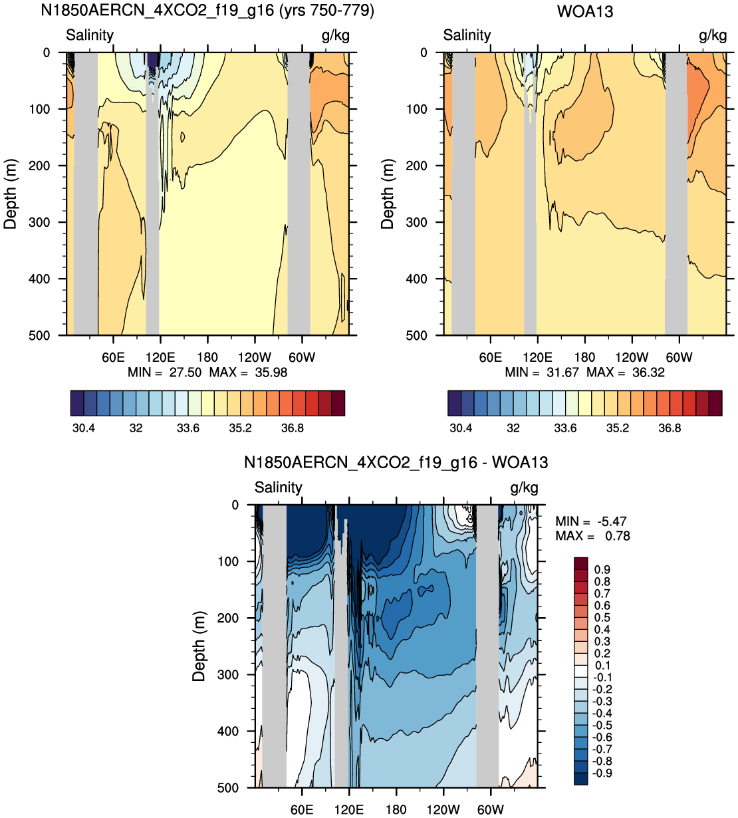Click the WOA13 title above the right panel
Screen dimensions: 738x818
pyautogui.click(x=584, y=11)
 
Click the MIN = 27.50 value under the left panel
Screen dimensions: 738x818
pyautogui.click(x=165, y=372)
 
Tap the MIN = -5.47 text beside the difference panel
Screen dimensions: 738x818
pyautogui.click(x=591, y=521)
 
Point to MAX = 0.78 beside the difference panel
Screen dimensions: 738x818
pyautogui.click(x=593, y=536)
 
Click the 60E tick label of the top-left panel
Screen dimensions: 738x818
pyautogui.click(x=113, y=358)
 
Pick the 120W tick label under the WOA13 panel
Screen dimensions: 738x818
pyautogui.click(x=632, y=358)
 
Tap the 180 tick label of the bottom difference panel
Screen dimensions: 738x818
pyautogui.click(x=396, y=809)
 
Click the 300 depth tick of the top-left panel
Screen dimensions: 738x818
pyautogui.click(x=40, y=222)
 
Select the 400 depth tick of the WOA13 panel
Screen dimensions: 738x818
pyautogui.click(x=417, y=279)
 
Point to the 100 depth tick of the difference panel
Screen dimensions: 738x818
pyautogui.click(x=229, y=561)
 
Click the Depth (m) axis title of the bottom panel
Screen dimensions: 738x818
pyautogui.click(x=199, y=646)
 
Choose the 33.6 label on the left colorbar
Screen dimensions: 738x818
pyautogui.click(x=188, y=428)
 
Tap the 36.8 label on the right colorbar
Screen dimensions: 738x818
pyautogui.click(x=670, y=428)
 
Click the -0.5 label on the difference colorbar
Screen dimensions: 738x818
pyautogui.click(x=602, y=725)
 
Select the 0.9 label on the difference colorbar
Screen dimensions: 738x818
pyautogui.click(x=602, y=569)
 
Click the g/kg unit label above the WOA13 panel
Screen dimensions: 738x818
pyautogui.click(x=713, y=36)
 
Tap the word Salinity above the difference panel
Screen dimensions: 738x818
pyautogui.click(x=279, y=487)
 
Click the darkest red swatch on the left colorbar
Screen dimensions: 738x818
pyautogui.click(x=338, y=403)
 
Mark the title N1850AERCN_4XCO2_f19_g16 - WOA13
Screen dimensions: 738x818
pyautogui.click(x=396, y=462)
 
